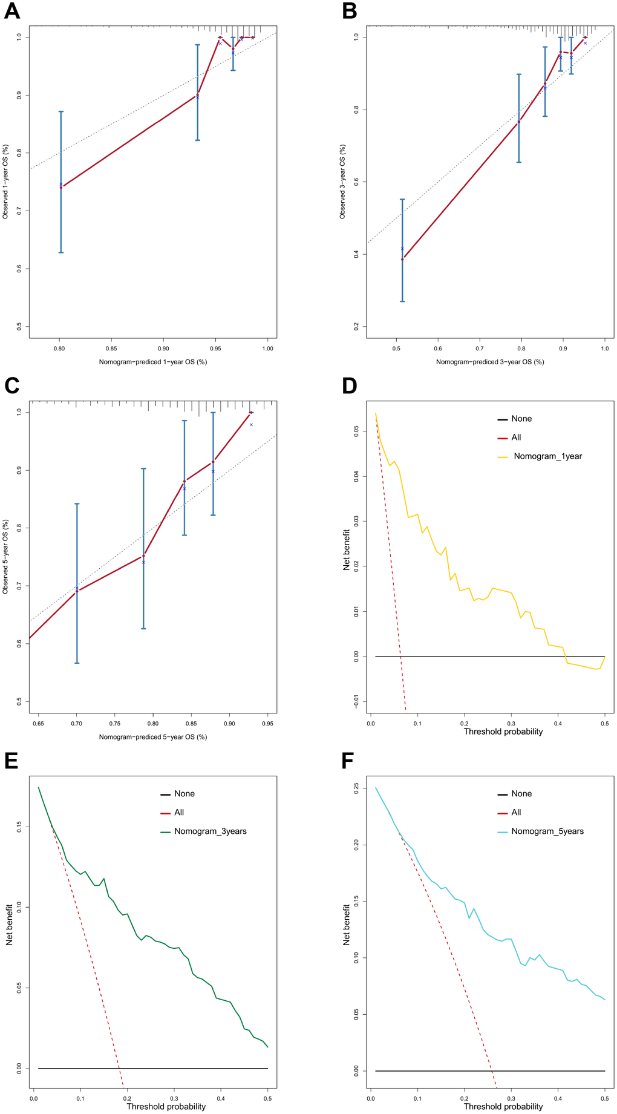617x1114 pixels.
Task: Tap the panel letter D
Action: coord(350,385)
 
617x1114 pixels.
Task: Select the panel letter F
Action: coord(349,761)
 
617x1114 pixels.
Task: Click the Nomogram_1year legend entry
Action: coord(547,456)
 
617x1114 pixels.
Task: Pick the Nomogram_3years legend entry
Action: coord(210,831)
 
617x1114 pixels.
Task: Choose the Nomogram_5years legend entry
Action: coord(547,831)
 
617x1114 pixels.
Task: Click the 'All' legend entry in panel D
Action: coord(516,437)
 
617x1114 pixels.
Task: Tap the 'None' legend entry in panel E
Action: coord(184,794)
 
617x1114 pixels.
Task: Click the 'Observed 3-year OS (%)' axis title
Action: coord(343,182)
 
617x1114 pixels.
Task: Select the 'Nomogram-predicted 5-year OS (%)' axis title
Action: coord(153,737)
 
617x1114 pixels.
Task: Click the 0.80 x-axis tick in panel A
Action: coord(59,349)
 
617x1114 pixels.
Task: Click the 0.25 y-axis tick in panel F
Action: coord(356,788)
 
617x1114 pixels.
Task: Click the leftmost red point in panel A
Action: coord(60,188)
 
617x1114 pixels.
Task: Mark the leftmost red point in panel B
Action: coord(402,259)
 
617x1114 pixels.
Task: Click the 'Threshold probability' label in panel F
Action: coord(503,1107)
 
